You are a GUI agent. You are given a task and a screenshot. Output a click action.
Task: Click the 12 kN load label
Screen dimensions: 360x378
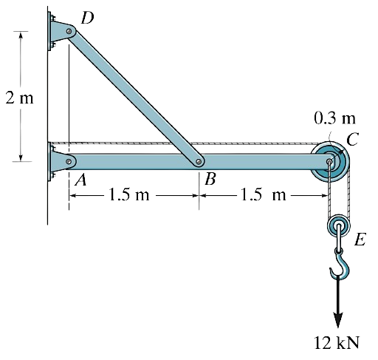[337, 342]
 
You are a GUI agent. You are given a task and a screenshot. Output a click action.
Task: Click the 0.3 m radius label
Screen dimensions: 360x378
[334, 118]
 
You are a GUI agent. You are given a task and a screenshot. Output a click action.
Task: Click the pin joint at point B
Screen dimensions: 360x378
[197, 160]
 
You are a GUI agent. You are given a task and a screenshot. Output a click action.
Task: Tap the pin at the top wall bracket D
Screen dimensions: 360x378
[69, 33]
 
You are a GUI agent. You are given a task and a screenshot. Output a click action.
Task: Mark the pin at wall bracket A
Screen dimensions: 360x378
[69, 160]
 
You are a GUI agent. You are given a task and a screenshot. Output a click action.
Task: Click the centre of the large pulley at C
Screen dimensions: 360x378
[328, 161]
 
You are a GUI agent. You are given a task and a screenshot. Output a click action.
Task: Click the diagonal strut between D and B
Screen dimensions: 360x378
[133, 97]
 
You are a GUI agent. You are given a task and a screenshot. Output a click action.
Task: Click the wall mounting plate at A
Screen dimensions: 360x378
[56, 161]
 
